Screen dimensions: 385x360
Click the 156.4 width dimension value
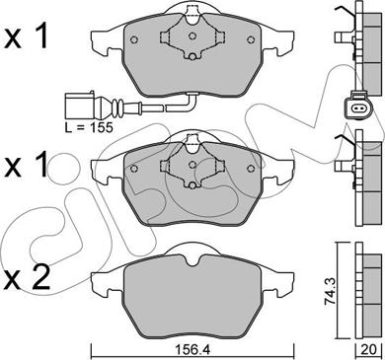[x=192, y=350]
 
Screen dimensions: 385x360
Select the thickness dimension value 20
[x=368, y=350]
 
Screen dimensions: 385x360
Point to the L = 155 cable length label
[x=89, y=126]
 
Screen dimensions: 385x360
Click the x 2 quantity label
[x=28, y=278]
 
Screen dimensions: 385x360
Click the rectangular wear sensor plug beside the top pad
[x=80, y=106]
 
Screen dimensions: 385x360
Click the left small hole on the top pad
[x=134, y=39]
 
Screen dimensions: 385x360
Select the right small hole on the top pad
[x=251, y=39]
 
